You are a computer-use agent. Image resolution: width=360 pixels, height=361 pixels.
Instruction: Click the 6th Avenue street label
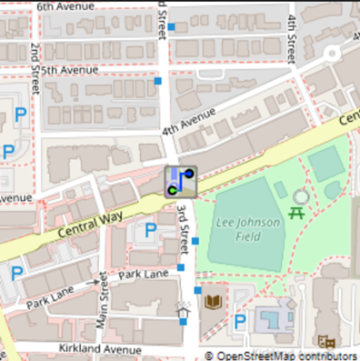pos(68,6)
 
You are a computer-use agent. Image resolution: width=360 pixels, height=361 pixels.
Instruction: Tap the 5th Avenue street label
pos(69,69)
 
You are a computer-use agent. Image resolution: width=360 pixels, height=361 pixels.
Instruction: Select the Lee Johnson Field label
pos(239,229)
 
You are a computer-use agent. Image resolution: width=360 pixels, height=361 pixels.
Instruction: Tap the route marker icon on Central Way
pos(180,181)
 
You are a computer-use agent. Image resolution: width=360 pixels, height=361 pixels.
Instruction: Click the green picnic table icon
pos(295,214)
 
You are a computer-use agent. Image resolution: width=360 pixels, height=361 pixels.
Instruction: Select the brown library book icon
pos(214,301)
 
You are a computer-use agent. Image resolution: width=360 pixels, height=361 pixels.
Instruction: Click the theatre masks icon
pos(327,341)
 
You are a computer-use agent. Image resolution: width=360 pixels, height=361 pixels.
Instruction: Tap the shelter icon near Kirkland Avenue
pos(183,314)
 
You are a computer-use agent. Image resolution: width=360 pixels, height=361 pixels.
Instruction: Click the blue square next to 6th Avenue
pos(171,27)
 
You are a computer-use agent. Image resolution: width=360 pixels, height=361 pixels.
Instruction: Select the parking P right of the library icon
pos(240,320)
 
